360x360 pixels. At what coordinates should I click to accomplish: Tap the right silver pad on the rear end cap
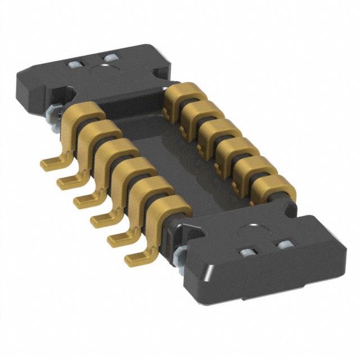coord(109,58)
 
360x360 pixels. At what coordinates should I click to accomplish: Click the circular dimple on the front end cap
coord(248,231)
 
